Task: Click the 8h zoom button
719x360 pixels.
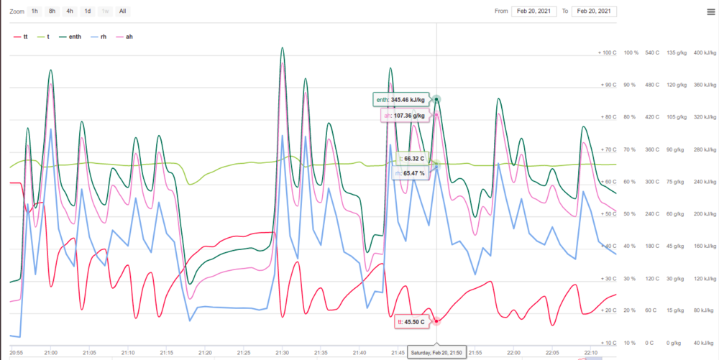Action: (x=52, y=11)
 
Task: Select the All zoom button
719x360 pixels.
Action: (x=123, y=11)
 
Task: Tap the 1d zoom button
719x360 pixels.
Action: (x=87, y=11)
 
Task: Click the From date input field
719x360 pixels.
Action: (x=533, y=11)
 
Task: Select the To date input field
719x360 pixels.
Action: (x=594, y=11)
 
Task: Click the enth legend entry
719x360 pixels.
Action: (x=70, y=36)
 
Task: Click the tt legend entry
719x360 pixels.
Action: (x=22, y=36)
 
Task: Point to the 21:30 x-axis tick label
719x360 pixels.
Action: (x=282, y=353)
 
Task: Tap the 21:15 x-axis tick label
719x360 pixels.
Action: (x=166, y=353)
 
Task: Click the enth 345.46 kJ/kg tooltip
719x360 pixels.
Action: (x=400, y=100)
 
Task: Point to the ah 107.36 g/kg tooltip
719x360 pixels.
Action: (x=404, y=115)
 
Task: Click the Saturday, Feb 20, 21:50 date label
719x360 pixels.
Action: (x=437, y=352)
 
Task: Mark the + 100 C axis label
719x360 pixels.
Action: (x=607, y=53)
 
